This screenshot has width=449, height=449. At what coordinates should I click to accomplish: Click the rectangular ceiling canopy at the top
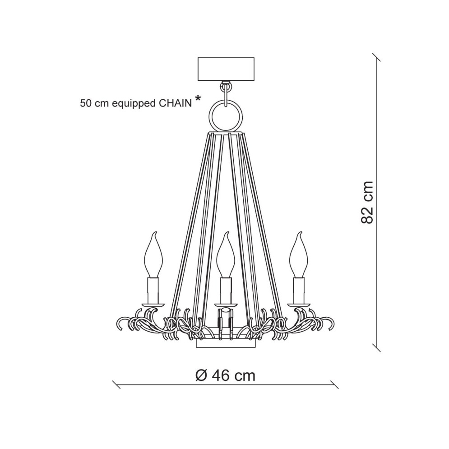tap(226, 69)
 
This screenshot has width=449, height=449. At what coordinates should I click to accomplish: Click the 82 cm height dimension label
tap(367, 203)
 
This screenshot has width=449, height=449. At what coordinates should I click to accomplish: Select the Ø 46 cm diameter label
tap(225, 375)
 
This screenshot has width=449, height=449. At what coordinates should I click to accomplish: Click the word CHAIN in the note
tap(175, 103)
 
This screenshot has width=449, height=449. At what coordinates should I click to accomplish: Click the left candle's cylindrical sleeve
tap(153, 290)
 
